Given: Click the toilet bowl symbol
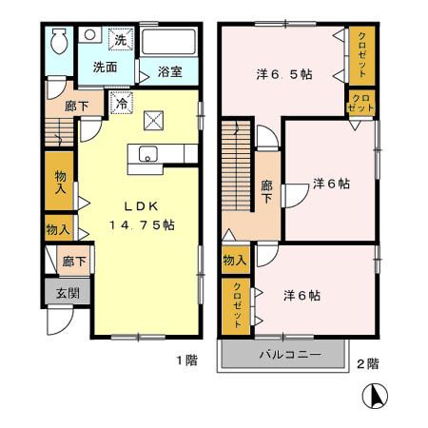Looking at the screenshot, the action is tap(59, 41).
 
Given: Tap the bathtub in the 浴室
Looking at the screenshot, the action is tap(168, 42).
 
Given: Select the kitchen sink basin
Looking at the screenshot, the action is tap(147, 154).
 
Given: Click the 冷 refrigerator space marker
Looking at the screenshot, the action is tap(122, 103).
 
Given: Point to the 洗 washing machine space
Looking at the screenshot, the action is tap(121, 39).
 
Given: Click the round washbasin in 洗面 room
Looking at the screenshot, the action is tap(89, 35).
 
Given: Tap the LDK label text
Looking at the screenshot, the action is tap(141, 206).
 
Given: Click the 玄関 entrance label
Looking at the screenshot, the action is tap(68, 293).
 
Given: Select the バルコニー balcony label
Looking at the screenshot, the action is tap(290, 354).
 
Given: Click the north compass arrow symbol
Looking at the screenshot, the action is tap(375, 396).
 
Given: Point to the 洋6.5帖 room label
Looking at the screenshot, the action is tap(284, 74).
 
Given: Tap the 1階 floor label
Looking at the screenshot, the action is tap(187, 360).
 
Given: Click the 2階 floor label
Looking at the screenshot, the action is tap(368, 364).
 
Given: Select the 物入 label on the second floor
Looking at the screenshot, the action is tap(235, 261).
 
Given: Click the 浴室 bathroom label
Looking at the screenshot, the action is tap(170, 72).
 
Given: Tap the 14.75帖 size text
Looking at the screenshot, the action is tap(142, 225).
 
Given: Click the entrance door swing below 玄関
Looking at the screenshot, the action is tap(60, 321).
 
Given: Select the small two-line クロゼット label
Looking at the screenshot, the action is tap(360, 103).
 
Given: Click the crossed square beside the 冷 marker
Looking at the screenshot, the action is tap(154, 121).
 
